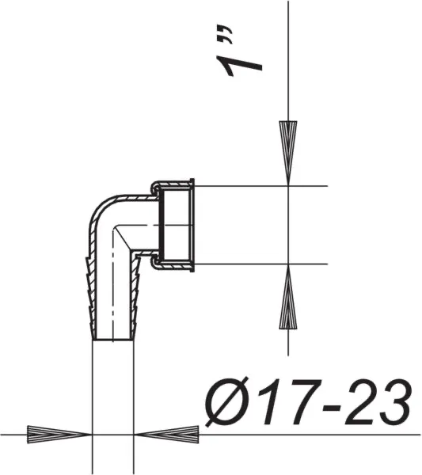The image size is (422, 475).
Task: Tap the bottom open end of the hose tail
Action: (116, 339)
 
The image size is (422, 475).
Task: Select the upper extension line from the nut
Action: (261, 186)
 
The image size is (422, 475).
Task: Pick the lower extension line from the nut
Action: (261, 263)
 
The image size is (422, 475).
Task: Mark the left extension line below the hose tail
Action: (93, 396)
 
